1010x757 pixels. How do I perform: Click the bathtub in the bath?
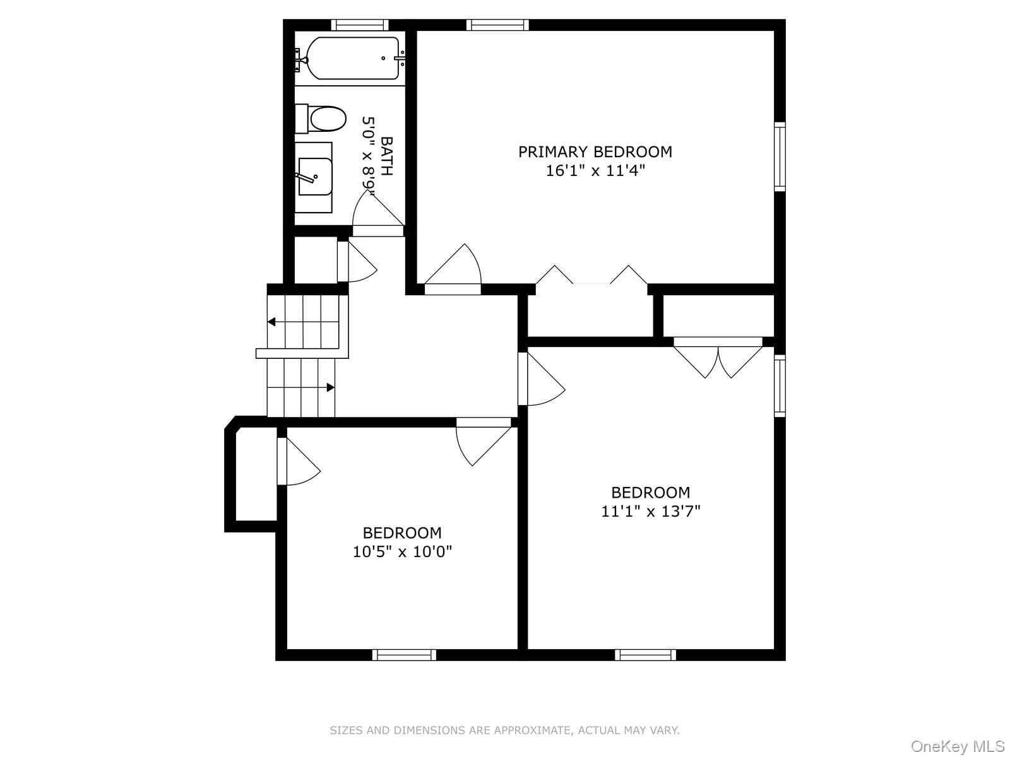coord(353,58)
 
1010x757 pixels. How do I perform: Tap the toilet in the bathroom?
coord(327,119)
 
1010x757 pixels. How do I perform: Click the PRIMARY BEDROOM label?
coord(595,152)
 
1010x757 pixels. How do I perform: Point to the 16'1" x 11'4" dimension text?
coord(595,171)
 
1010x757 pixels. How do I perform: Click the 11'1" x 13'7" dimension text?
coord(650,512)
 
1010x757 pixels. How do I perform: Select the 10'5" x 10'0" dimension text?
coord(402,552)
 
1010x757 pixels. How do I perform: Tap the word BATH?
coord(386,156)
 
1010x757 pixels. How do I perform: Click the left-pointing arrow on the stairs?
coord(272,322)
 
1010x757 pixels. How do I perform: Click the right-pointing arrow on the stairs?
coord(330,387)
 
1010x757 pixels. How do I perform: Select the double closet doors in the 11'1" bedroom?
coord(718,360)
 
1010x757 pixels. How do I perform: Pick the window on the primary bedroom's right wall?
coord(780,156)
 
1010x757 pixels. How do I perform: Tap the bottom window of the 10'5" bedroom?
coord(404,655)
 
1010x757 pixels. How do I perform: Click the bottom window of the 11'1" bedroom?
coord(645,655)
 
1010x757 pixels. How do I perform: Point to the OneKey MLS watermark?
coord(957,746)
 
